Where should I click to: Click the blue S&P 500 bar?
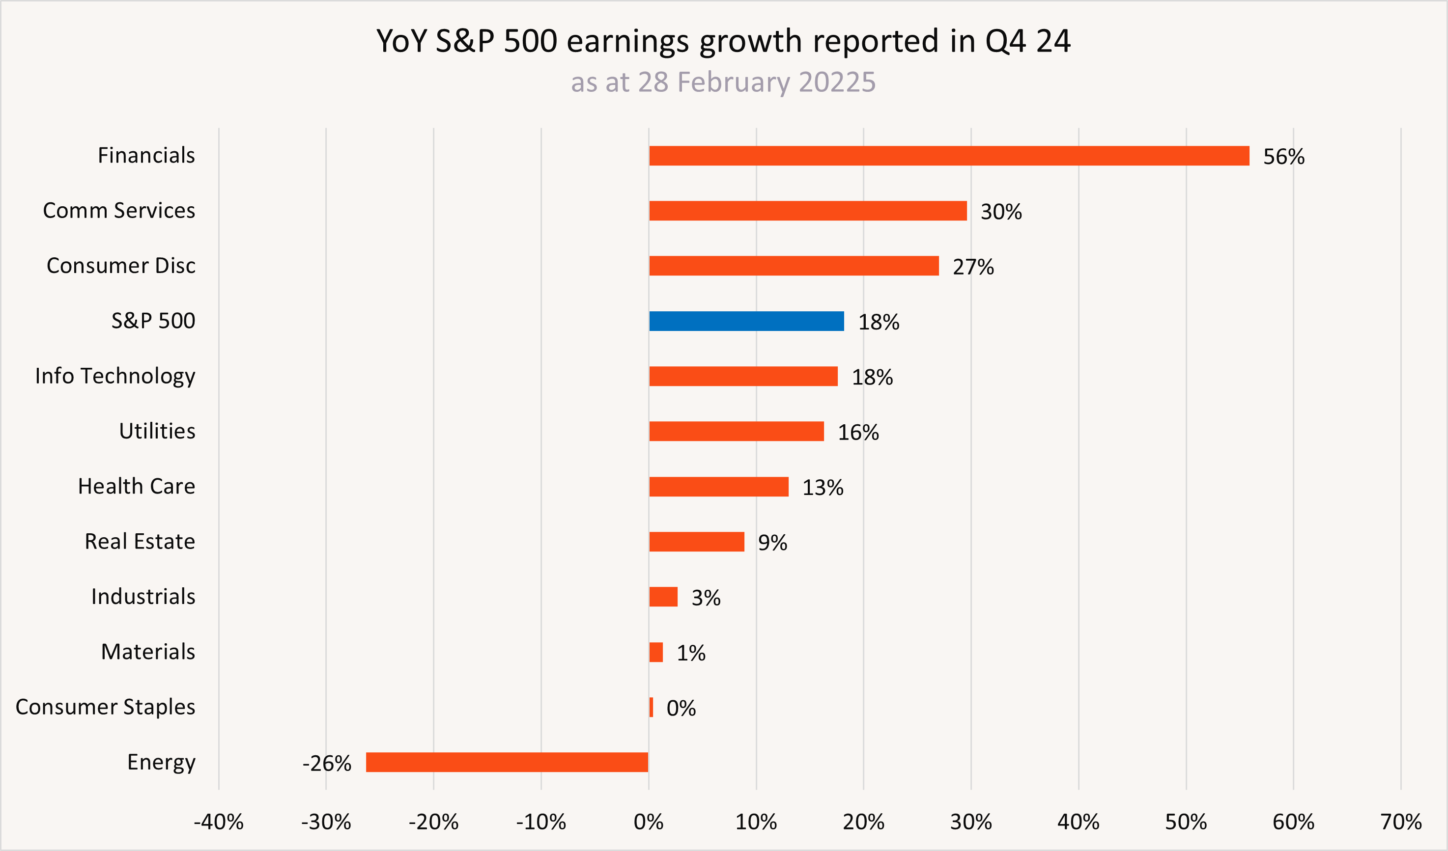click(x=746, y=321)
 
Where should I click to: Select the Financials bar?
click(x=949, y=156)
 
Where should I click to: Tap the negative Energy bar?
click(x=507, y=762)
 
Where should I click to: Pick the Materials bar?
click(x=655, y=652)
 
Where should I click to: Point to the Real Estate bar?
click(x=696, y=542)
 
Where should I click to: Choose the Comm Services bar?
click(x=808, y=211)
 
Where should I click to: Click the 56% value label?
click(x=1284, y=157)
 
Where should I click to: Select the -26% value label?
click(x=326, y=763)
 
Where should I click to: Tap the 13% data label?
click(x=823, y=488)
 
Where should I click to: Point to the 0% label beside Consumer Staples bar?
click(x=681, y=708)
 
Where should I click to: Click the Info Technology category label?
click(x=115, y=376)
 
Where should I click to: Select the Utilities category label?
click(x=157, y=431)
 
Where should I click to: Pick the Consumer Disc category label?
click(x=121, y=265)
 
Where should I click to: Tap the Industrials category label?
click(x=143, y=596)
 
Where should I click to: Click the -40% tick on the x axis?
click(x=218, y=823)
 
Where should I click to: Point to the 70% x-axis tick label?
click(x=1401, y=823)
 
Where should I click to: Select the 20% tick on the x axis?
click(x=863, y=823)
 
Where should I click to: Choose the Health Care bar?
click(x=718, y=486)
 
